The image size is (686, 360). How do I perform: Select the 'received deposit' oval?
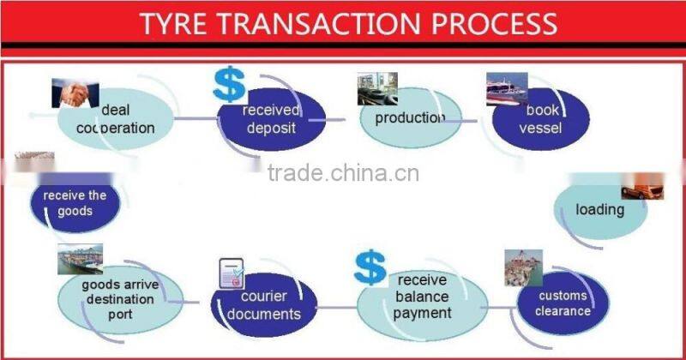pos(270,120)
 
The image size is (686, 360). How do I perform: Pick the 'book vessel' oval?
pos(541,120)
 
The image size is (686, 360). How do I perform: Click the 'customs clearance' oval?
pos(563,302)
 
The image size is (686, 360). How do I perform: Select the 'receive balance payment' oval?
pos(421,302)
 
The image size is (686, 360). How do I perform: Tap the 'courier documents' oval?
pos(264,306)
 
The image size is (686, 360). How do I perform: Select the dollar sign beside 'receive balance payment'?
pos(370,267)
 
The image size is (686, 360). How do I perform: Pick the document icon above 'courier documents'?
pos(232,273)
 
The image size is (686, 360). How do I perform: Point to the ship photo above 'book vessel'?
pos(508,88)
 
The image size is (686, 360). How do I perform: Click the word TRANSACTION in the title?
pos(335,22)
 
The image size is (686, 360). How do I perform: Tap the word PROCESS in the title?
pos(489,22)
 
